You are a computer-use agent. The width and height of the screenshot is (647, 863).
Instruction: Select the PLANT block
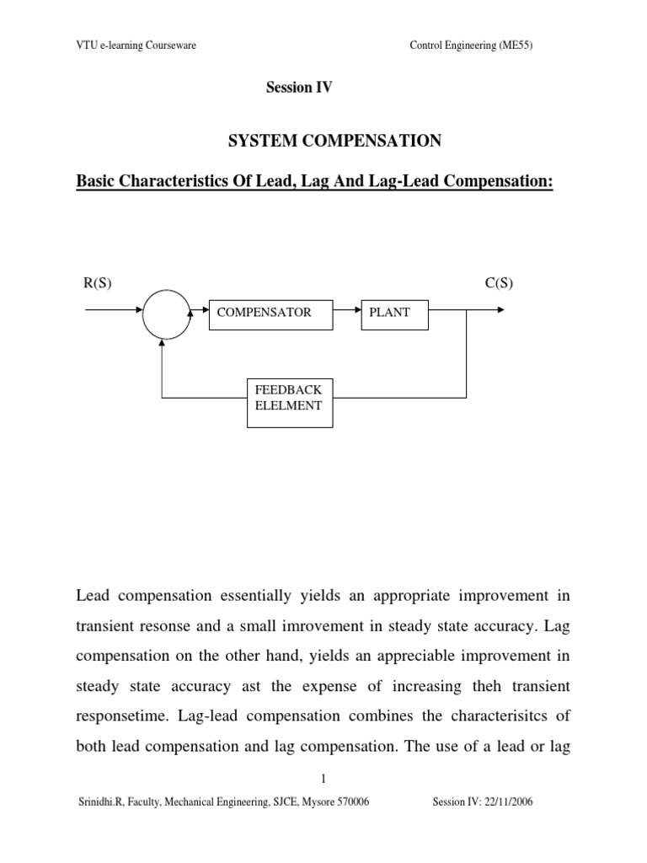point(394,313)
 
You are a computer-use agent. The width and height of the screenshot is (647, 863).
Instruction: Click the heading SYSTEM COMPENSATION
point(335,142)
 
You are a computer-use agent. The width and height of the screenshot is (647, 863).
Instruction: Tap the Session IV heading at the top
point(300,88)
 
